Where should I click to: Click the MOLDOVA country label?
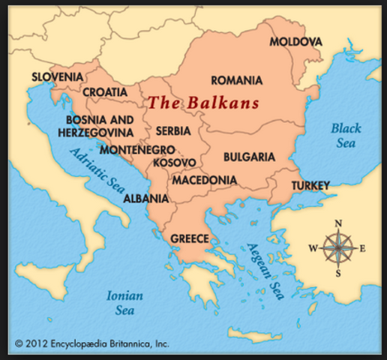tap(295, 41)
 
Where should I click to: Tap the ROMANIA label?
tap(236, 80)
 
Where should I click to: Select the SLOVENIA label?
tap(57, 76)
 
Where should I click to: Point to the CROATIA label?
tap(105, 92)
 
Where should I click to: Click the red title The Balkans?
tap(202, 103)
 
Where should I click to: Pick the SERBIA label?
tap(173, 130)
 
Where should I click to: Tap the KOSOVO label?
tap(173, 163)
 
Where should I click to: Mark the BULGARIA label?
tap(249, 157)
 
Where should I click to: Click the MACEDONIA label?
tap(204, 181)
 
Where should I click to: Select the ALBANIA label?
tap(145, 199)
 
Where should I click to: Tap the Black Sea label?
tap(346, 135)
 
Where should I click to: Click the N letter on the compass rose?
tap(338, 223)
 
